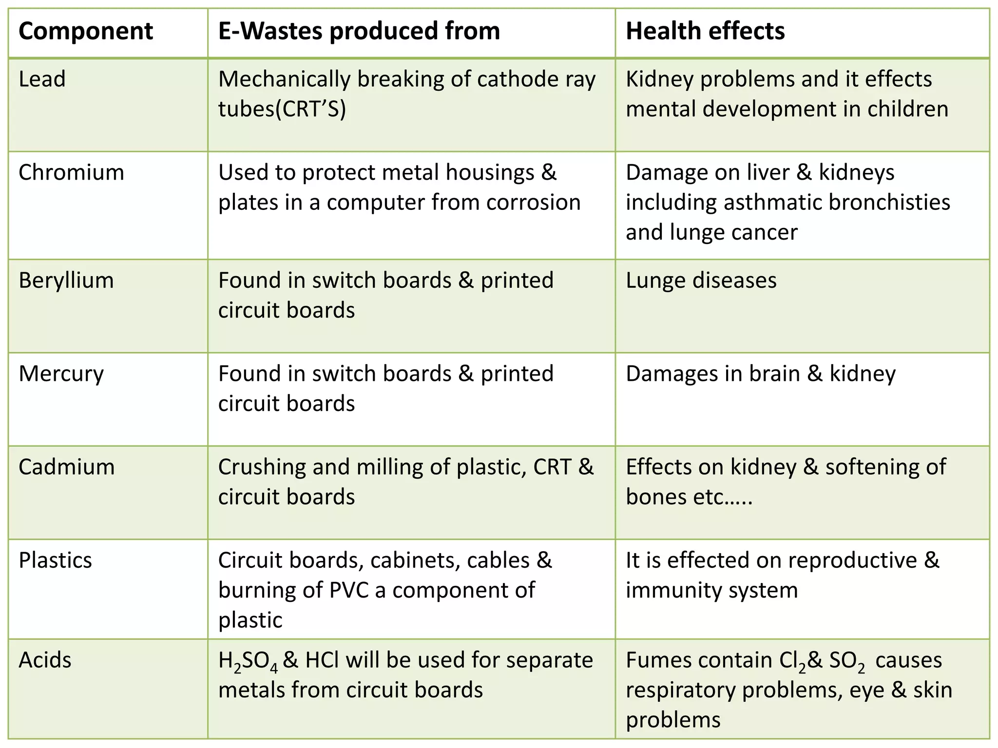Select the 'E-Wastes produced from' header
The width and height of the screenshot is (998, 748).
(359, 31)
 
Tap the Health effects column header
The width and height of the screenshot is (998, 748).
(705, 31)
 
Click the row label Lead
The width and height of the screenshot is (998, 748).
(42, 79)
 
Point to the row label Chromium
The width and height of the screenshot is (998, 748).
(71, 172)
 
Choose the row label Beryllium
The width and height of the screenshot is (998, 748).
(66, 281)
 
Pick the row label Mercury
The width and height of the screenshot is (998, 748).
(61, 374)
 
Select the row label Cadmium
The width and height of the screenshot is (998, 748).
(67, 467)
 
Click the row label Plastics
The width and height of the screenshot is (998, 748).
(55, 561)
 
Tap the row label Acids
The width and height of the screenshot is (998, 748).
(45, 660)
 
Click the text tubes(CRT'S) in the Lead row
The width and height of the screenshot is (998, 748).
(282, 109)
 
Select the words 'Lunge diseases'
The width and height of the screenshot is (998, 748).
(701, 281)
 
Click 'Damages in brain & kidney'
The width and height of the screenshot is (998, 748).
(761, 374)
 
